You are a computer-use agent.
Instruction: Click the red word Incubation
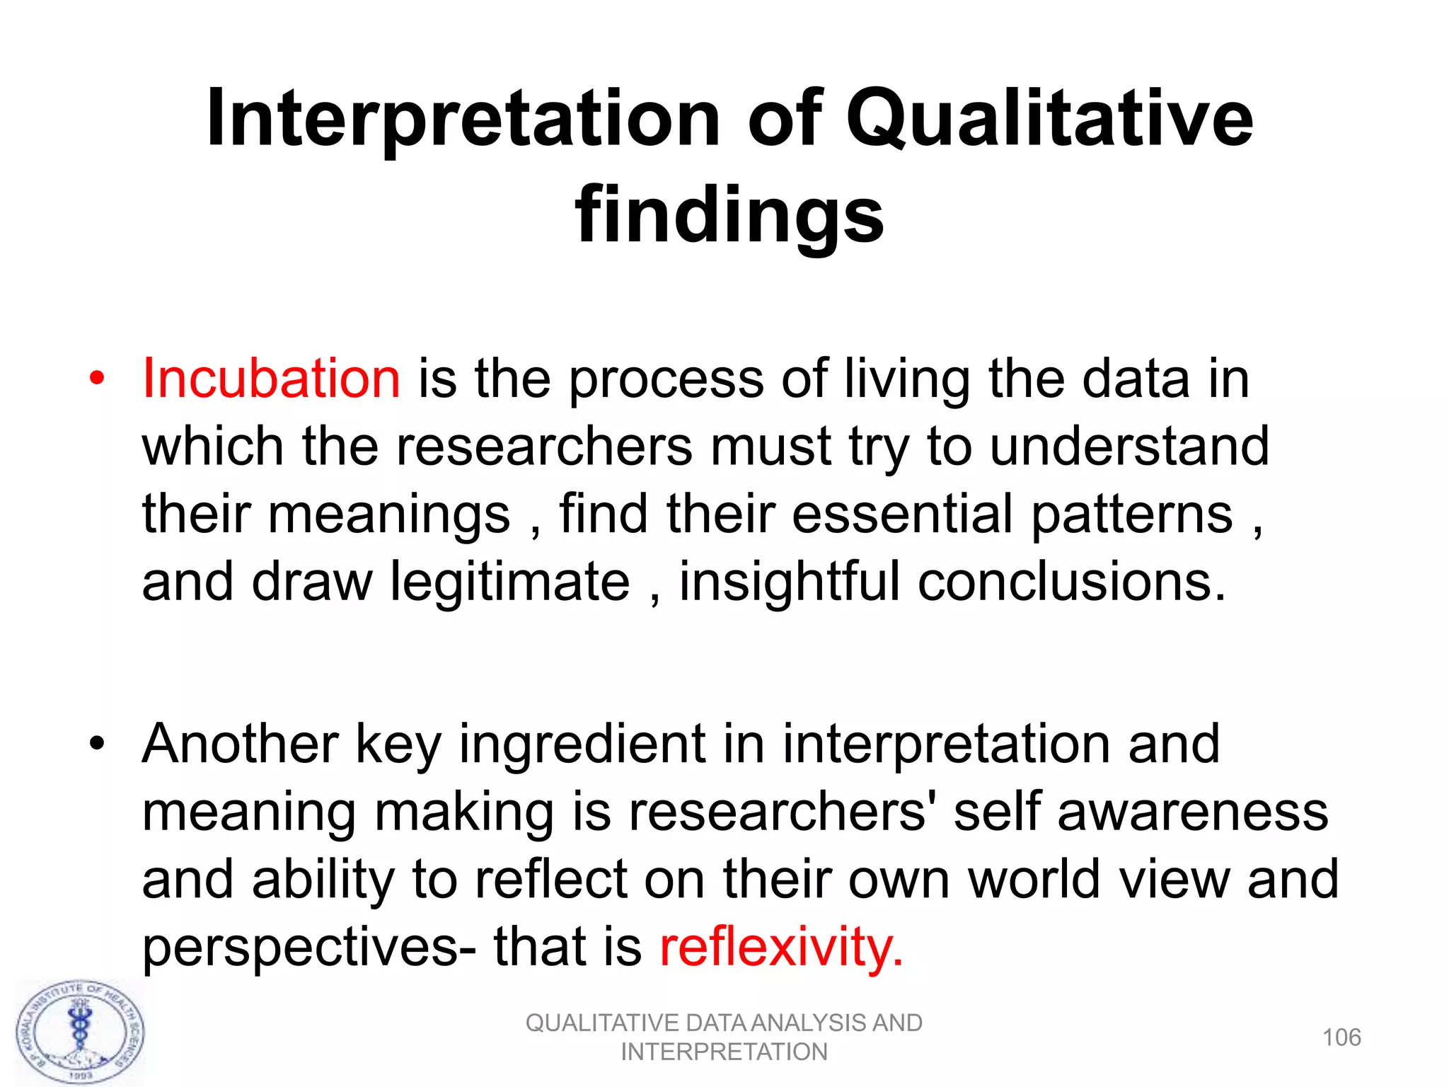(x=271, y=379)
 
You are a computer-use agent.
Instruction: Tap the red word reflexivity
(x=781, y=946)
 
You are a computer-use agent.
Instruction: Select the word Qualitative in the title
(x=1049, y=118)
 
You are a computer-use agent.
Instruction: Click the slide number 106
(x=1341, y=1037)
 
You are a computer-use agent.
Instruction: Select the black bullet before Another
(x=97, y=744)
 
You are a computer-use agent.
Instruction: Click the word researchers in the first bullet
(x=544, y=447)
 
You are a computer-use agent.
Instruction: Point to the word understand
(x=1129, y=447)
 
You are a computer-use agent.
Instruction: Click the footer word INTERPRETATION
(x=724, y=1052)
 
